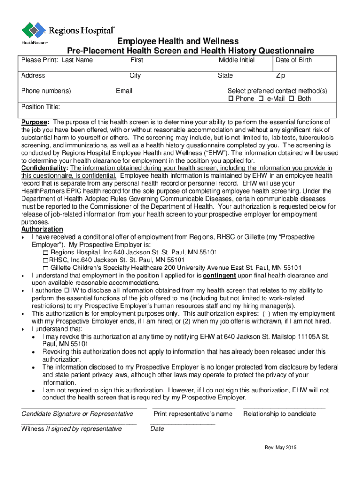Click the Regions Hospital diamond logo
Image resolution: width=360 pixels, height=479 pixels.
click(x=34, y=30)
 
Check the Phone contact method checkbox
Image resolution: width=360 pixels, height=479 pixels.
click(x=230, y=99)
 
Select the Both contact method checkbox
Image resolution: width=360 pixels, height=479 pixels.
click(x=291, y=99)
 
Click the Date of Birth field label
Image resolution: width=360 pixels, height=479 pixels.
click(x=294, y=60)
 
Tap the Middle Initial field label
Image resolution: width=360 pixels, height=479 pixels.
click(x=237, y=60)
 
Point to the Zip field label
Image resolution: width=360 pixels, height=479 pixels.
click(x=281, y=75)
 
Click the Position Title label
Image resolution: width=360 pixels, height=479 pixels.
click(x=41, y=107)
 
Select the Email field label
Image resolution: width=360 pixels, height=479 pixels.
click(x=124, y=91)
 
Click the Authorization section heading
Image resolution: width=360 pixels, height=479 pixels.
click(x=42, y=229)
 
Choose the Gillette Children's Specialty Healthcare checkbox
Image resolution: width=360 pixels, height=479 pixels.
click(x=45, y=268)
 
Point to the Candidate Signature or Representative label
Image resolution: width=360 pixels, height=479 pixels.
click(x=77, y=414)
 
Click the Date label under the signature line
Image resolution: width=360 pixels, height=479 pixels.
click(x=157, y=428)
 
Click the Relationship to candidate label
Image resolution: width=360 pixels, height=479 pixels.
click(x=279, y=414)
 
